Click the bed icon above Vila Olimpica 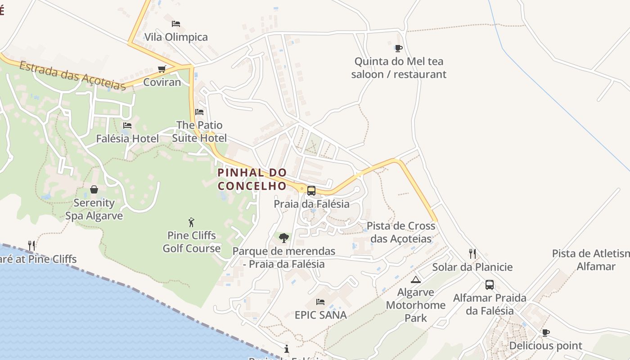tap(176, 23)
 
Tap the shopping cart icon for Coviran tap(162, 69)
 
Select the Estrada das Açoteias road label tap(72, 76)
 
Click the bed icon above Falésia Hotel tap(127, 125)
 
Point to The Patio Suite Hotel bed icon tap(199, 112)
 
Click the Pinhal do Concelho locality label tap(252, 179)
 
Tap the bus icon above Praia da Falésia tap(311, 191)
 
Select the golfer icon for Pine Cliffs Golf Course tap(191, 222)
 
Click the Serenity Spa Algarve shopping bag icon tap(94, 189)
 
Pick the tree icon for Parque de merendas tap(283, 238)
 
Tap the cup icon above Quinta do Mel tap(398, 48)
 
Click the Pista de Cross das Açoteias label tap(401, 232)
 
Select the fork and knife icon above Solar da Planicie tap(472, 254)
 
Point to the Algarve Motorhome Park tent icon tap(416, 279)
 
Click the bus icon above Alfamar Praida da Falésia tap(489, 285)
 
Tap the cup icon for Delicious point tap(545, 333)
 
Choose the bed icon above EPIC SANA tap(320, 301)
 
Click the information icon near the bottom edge tap(287, 349)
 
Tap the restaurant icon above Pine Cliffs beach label tap(31, 246)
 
